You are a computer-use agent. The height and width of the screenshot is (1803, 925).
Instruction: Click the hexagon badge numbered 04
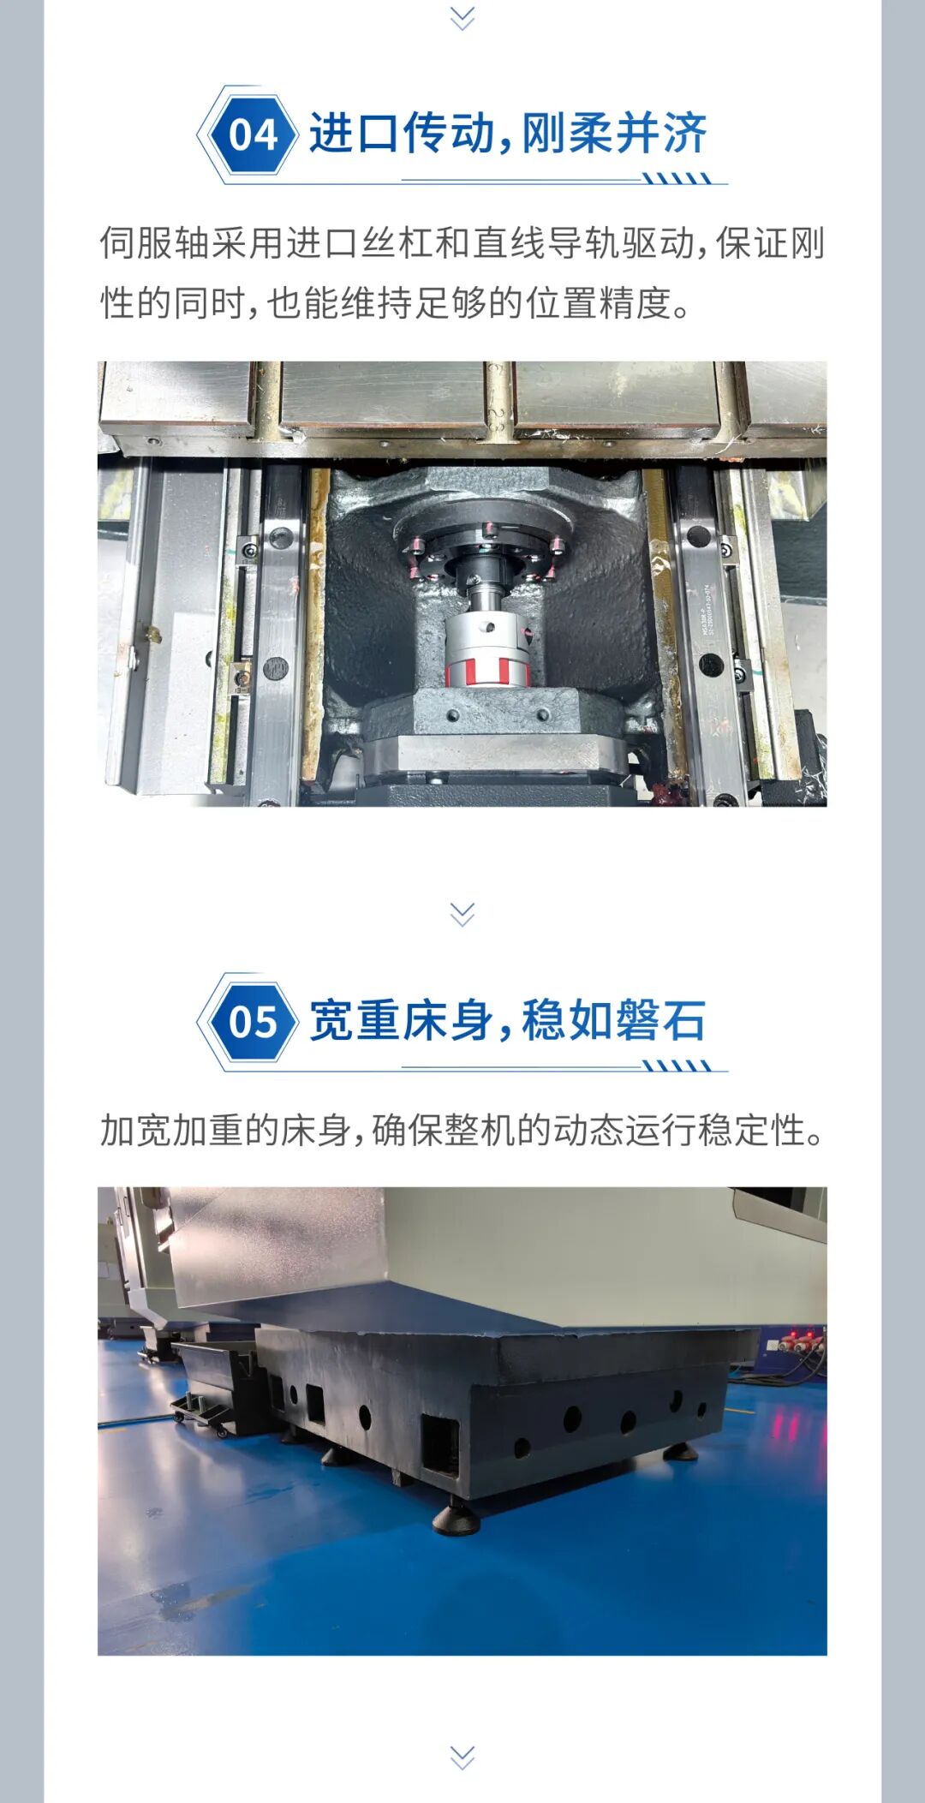(254, 134)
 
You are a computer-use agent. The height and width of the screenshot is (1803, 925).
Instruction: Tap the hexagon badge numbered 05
(254, 1021)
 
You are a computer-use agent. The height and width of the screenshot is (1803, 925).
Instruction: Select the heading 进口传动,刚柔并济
(508, 134)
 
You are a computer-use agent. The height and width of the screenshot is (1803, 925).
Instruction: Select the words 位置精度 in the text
(598, 303)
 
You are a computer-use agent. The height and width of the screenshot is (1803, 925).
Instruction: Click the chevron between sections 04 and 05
(462, 914)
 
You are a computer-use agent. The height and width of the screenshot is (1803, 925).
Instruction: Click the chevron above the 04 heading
(462, 17)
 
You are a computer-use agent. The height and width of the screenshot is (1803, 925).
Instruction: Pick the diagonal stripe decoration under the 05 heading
(677, 1066)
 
